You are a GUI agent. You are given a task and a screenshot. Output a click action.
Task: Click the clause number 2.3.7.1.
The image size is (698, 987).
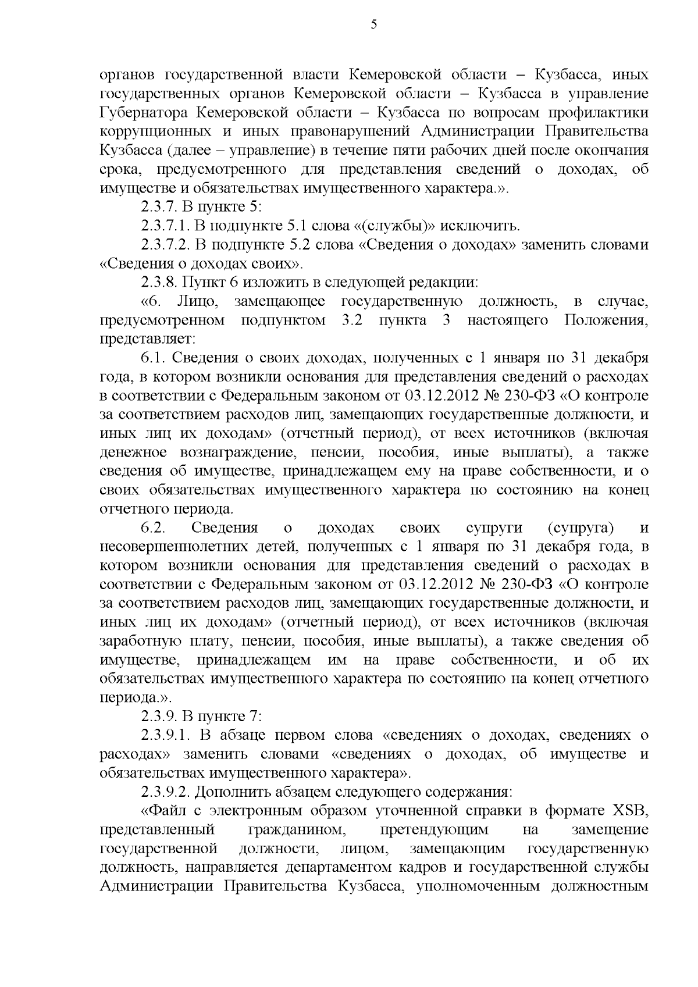pyautogui.click(x=163, y=226)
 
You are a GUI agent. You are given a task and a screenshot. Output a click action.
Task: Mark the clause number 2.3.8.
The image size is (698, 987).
pyautogui.click(x=158, y=283)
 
